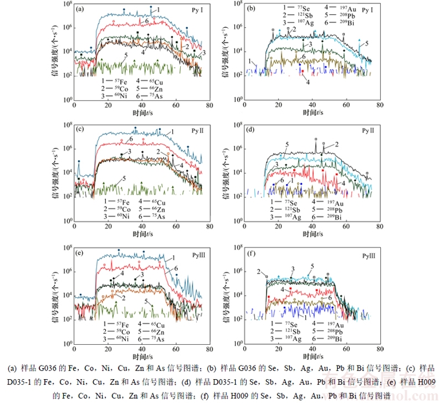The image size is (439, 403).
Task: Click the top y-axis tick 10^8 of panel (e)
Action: click(66, 247)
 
